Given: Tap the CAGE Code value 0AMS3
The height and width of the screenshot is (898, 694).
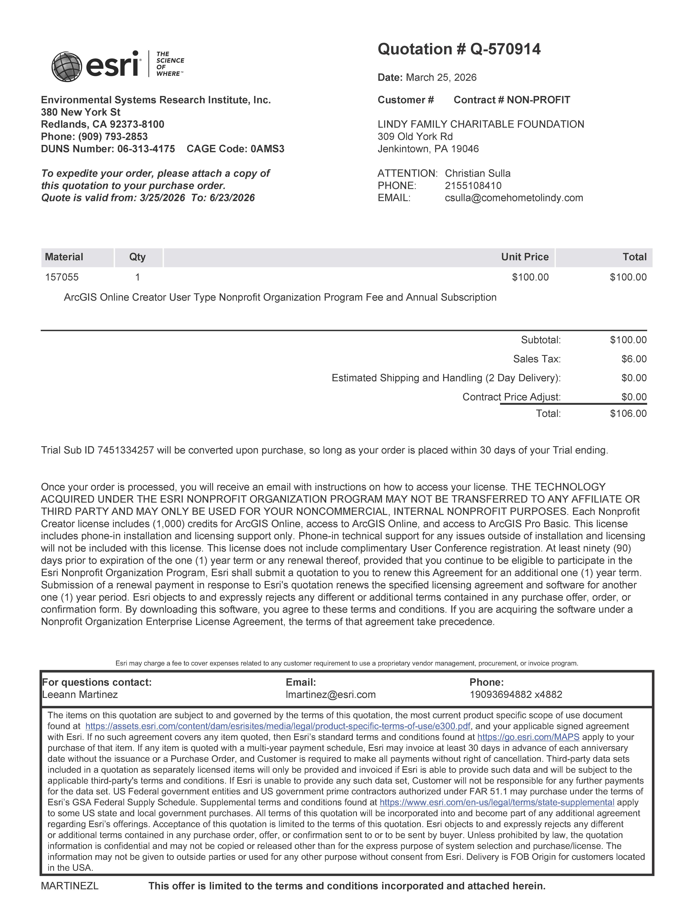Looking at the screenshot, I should [x=267, y=149].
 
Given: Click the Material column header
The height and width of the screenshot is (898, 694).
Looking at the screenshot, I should [x=64, y=257].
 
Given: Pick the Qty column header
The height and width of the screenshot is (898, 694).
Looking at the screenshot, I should [x=137, y=257].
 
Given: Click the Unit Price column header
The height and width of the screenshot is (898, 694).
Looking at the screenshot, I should [x=525, y=257].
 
